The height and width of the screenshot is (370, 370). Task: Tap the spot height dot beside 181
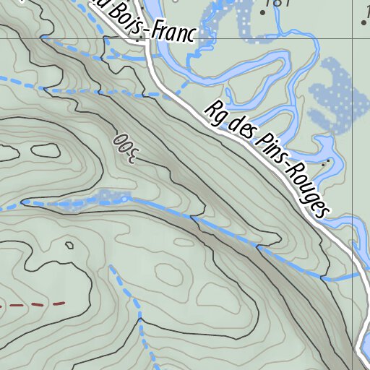pyautogui.click(x=262, y=12)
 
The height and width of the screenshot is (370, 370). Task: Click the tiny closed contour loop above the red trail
pyautogui.click(x=69, y=245)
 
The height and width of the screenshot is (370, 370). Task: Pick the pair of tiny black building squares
pyautogui.click(x=141, y=8)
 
